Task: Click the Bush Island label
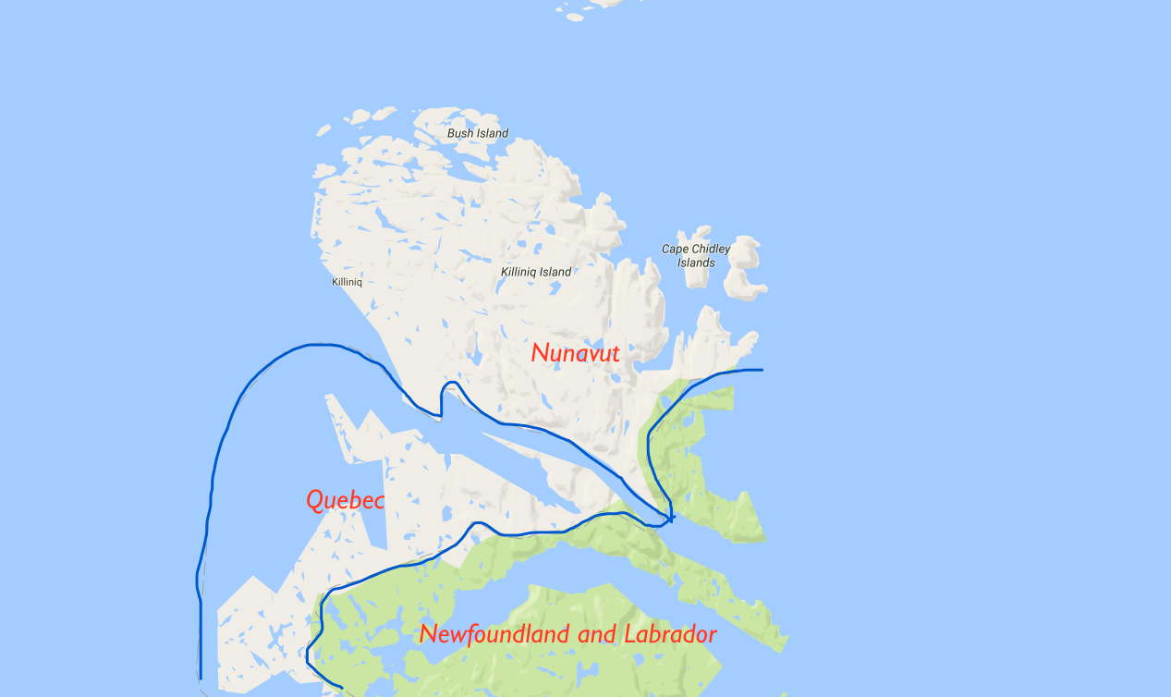(x=478, y=133)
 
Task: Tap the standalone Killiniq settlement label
(x=347, y=282)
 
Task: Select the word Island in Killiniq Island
(x=555, y=272)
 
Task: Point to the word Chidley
(x=711, y=249)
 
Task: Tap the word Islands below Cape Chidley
(x=696, y=263)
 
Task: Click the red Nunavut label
(x=575, y=353)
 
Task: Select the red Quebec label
(x=344, y=500)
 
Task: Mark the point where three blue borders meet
(x=670, y=518)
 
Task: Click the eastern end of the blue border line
(x=762, y=370)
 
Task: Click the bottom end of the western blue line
(x=201, y=677)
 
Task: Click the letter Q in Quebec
(x=315, y=500)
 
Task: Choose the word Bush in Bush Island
(x=459, y=133)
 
